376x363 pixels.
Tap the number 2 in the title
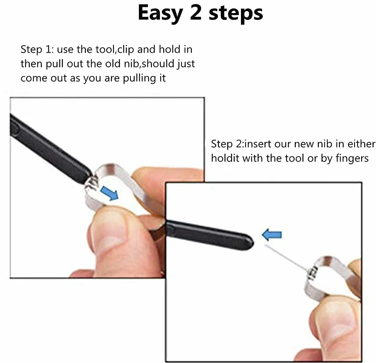point(196,13)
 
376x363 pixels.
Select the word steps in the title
point(236,15)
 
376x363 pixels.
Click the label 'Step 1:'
point(37,49)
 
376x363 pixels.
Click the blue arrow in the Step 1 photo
point(109,193)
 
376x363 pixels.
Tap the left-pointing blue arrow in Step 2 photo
point(272,235)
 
